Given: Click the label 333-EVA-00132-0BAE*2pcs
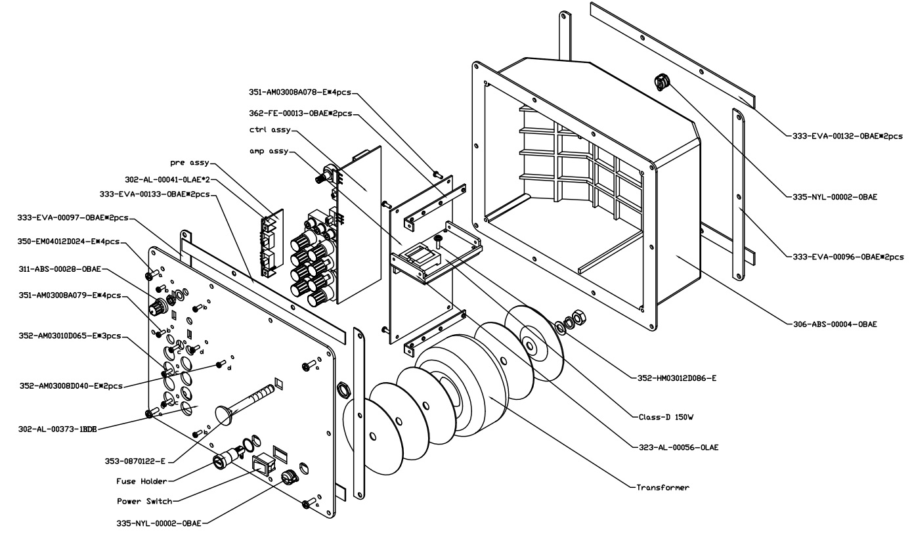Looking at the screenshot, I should tap(844, 137).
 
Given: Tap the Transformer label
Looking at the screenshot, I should tap(662, 488).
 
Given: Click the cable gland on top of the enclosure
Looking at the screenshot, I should tap(661, 82).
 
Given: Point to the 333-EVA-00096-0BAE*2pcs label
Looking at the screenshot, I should tap(844, 257).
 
